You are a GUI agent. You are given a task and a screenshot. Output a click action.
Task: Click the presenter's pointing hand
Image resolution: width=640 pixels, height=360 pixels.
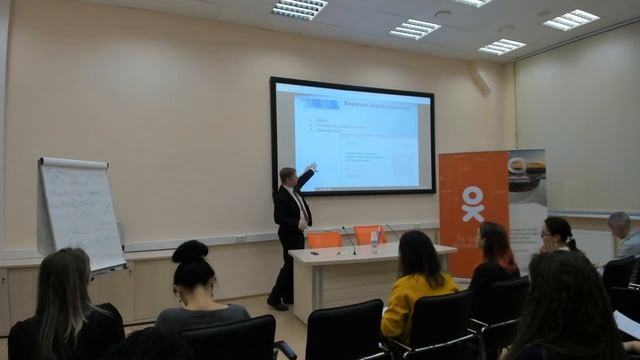[312, 166]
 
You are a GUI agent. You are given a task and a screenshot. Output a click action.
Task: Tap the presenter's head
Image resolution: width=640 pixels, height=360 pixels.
[288, 176]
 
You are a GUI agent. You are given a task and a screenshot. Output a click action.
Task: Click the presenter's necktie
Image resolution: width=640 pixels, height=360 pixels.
[299, 206]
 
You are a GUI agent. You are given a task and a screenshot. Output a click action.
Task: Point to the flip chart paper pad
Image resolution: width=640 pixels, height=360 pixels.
[81, 212]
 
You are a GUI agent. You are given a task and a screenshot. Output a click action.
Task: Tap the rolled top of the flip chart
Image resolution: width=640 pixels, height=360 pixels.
[73, 163]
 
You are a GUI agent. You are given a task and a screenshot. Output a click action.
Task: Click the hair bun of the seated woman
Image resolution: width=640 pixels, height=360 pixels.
[189, 251]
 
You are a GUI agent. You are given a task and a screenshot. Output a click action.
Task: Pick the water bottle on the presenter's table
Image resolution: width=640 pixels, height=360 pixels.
[375, 241]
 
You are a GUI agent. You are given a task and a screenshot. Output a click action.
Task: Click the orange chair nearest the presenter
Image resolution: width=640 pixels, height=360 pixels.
[323, 240]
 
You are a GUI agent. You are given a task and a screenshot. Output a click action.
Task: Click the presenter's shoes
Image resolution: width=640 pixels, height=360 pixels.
[277, 303]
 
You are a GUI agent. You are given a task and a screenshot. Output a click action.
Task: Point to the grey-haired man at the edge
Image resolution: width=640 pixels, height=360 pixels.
[624, 234]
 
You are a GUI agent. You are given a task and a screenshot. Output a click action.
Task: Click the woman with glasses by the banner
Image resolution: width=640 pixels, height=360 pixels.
[556, 238]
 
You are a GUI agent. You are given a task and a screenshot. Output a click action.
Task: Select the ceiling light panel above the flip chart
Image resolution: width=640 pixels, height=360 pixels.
[299, 9]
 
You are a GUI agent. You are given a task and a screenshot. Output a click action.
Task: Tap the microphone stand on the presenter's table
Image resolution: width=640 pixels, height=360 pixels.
[350, 240]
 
